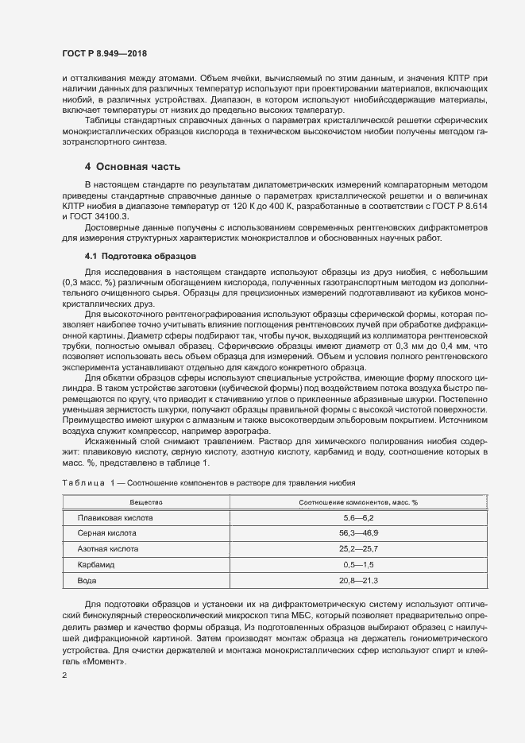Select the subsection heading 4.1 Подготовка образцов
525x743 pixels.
(134, 257)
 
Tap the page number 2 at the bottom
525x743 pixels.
(64, 675)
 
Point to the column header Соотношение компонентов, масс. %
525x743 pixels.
(357, 502)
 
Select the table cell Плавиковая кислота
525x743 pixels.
(115, 517)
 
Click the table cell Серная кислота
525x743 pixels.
(107, 532)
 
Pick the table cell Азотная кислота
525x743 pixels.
(108, 548)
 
